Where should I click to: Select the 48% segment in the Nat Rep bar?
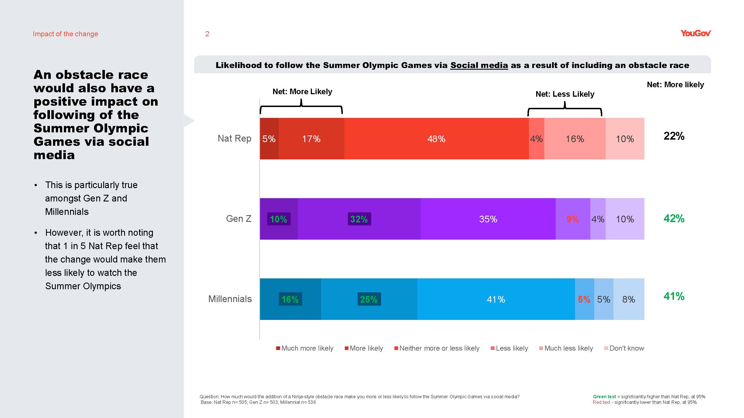(x=436, y=139)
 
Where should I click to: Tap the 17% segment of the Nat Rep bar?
(x=311, y=139)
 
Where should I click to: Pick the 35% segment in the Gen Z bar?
(x=488, y=219)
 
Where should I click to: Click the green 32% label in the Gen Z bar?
(x=359, y=219)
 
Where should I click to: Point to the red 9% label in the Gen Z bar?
(x=572, y=219)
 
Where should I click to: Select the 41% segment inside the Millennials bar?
(x=496, y=299)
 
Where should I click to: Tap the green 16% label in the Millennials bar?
(x=290, y=299)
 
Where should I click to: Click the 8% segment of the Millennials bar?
(x=629, y=299)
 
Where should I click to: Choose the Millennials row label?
(x=230, y=299)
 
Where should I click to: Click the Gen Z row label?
(x=239, y=219)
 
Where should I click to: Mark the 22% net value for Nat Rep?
(x=674, y=136)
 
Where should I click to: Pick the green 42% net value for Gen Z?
(x=674, y=218)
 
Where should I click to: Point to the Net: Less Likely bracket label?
(x=565, y=94)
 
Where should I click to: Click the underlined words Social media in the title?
(x=479, y=65)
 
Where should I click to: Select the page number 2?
(x=207, y=34)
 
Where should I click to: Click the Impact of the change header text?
(x=66, y=34)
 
